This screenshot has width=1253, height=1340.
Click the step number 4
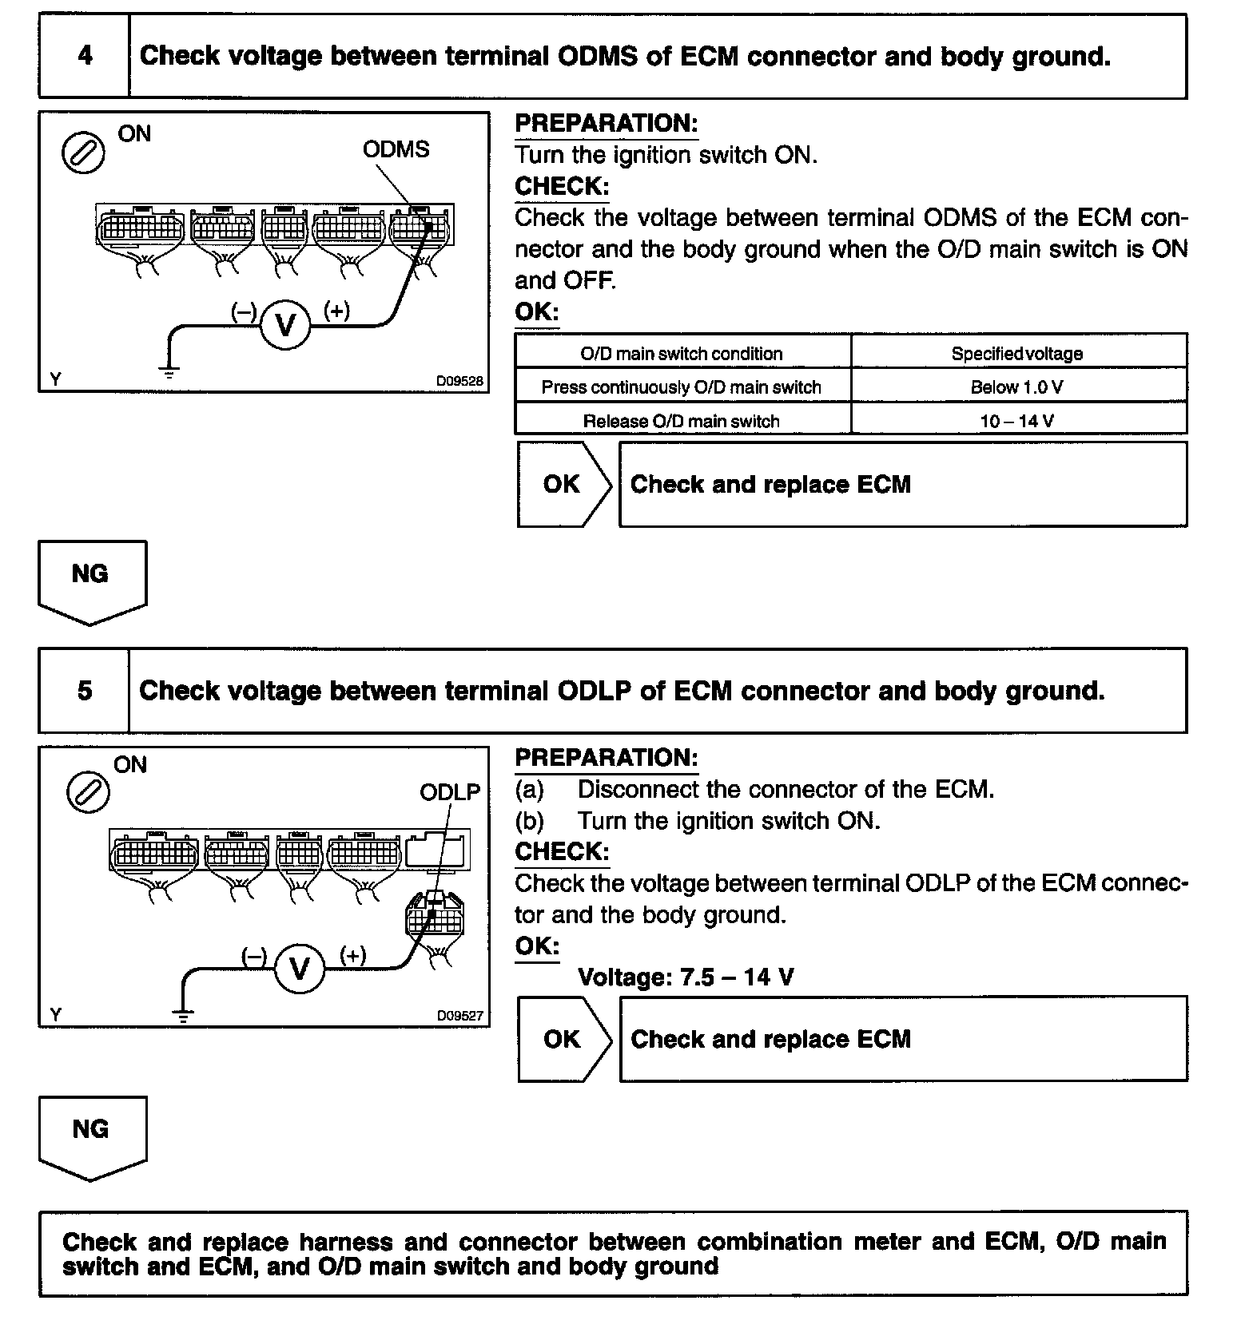85,56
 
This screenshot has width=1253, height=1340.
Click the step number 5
85,691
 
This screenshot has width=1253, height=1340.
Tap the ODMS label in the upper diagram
396,149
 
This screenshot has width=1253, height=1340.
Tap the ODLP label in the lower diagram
450,791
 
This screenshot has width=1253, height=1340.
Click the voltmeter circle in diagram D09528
284,325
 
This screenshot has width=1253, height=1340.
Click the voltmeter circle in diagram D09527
300,969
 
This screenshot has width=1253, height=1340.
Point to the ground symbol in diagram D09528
169,371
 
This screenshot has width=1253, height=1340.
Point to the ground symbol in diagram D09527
184,1016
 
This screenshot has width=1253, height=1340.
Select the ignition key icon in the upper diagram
83,153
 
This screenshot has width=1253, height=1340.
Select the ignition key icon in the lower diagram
88,794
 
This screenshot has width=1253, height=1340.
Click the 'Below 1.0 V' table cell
1017,387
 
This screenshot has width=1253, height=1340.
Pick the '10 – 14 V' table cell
1017,421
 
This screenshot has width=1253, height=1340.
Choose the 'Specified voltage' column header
1017,354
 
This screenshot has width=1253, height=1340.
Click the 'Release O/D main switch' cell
681,421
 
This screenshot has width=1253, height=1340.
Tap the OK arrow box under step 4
563,485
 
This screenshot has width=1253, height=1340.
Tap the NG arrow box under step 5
91,1134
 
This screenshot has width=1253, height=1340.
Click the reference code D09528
459,382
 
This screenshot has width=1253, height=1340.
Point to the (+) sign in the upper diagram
336,311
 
